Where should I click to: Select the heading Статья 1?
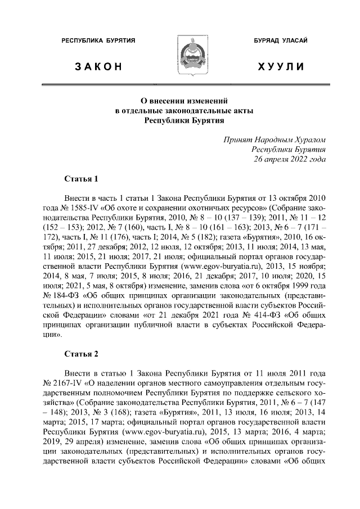click(82, 179)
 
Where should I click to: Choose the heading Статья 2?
click(82, 354)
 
